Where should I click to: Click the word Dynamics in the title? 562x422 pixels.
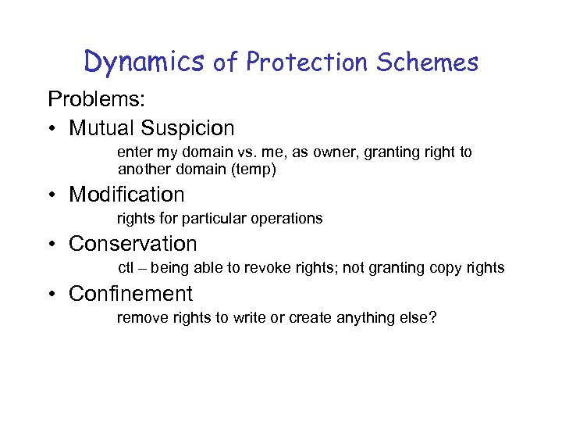click(144, 61)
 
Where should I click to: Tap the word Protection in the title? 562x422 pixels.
click(306, 62)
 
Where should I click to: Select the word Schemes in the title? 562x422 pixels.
click(427, 62)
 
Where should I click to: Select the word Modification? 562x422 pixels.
click(126, 194)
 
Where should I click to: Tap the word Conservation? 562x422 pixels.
click(133, 244)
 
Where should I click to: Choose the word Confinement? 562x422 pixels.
click(130, 294)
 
